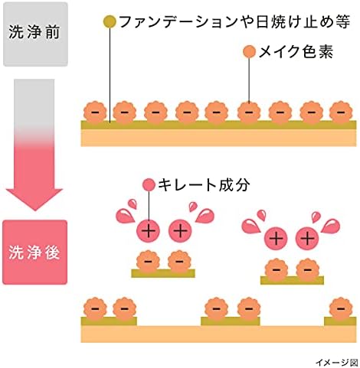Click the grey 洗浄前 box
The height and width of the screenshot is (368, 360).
pyautogui.click(x=35, y=34)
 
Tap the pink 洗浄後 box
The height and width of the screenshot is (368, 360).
pyautogui.click(x=34, y=252)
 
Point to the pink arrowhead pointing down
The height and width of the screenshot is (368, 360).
pyautogui.click(x=34, y=200)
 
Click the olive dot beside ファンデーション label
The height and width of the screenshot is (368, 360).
pyautogui.click(x=110, y=21)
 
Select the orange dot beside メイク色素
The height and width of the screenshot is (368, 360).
pyautogui.click(x=249, y=52)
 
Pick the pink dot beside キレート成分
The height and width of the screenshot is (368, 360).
pyautogui.click(x=149, y=184)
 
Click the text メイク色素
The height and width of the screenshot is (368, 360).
pyautogui.click(x=296, y=52)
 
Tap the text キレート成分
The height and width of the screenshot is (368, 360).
pyautogui.click(x=204, y=184)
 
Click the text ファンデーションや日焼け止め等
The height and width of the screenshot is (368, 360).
pyautogui.click(x=234, y=21)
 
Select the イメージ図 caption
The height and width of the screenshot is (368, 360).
pyautogui.click(x=336, y=362)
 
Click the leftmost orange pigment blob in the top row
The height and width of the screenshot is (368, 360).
pyautogui.click(x=95, y=112)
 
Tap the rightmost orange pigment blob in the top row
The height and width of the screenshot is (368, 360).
pyautogui.click(x=341, y=112)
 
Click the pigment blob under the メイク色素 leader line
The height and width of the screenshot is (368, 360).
pyautogui.click(x=249, y=112)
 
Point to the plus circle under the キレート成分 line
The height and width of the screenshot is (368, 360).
pyautogui.click(x=149, y=231)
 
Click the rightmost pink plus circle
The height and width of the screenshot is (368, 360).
pyautogui.click(x=307, y=239)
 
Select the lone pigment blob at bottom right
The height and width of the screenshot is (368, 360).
pyautogui.click(x=341, y=308)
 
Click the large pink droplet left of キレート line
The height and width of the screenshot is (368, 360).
pyautogui.click(x=125, y=216)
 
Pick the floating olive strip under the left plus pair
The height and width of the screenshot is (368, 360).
pyautogui.click(x=163, y=273)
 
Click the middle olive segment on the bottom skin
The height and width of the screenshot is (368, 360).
pyautogui.click(x=231, y=321)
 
